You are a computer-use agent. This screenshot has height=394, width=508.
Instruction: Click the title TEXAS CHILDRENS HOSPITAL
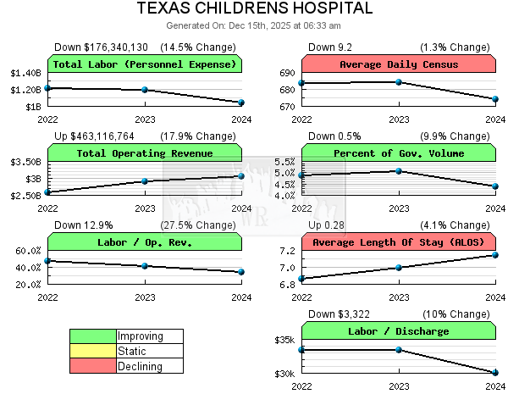tap(254, 9)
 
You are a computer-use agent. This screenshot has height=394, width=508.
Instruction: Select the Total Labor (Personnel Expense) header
tap(145, 64)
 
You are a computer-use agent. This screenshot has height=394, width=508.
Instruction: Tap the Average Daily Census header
tap(398, 64)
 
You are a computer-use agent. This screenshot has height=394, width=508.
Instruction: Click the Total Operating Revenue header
tap(145, 153)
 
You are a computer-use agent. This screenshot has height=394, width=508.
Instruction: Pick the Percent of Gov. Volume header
tap(398, 153)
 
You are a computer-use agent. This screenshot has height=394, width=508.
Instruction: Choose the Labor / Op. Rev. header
tap(145, 242)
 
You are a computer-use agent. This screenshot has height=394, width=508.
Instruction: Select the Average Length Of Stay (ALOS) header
tap(398, 242)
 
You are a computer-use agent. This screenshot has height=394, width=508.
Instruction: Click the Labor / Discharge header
tap(398, 331)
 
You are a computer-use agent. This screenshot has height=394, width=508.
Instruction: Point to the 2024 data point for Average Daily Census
tap(495, 99)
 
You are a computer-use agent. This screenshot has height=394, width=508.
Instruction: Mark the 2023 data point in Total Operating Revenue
tap(145, 181)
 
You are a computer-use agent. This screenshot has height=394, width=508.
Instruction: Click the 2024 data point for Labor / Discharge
tap(495, 373)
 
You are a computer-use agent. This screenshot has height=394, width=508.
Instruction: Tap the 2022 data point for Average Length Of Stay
tap(301, 279)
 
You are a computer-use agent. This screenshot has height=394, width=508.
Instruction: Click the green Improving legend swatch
tap(93, 336)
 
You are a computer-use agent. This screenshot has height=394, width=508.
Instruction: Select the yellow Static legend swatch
tap(93, 352)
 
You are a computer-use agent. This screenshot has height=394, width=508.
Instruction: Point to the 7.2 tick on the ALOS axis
tap(285, 251)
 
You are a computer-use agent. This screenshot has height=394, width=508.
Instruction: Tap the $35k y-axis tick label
tap(284, 341)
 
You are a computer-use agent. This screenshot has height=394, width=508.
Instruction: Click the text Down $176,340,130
tap(101, 47)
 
